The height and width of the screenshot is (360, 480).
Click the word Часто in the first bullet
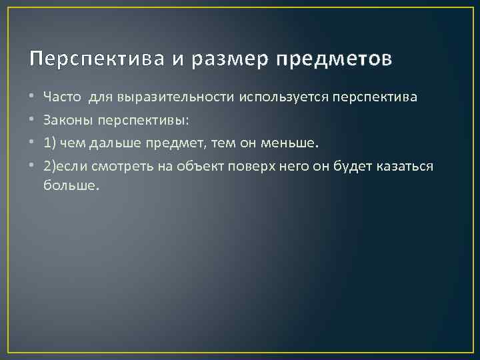(63, 97)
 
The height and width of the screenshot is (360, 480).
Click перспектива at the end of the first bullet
(371, 97)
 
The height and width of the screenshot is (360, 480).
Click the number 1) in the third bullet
(50, 143)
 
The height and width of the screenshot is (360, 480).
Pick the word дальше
(120, 143)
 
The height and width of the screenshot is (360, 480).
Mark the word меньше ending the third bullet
(299, 143)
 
